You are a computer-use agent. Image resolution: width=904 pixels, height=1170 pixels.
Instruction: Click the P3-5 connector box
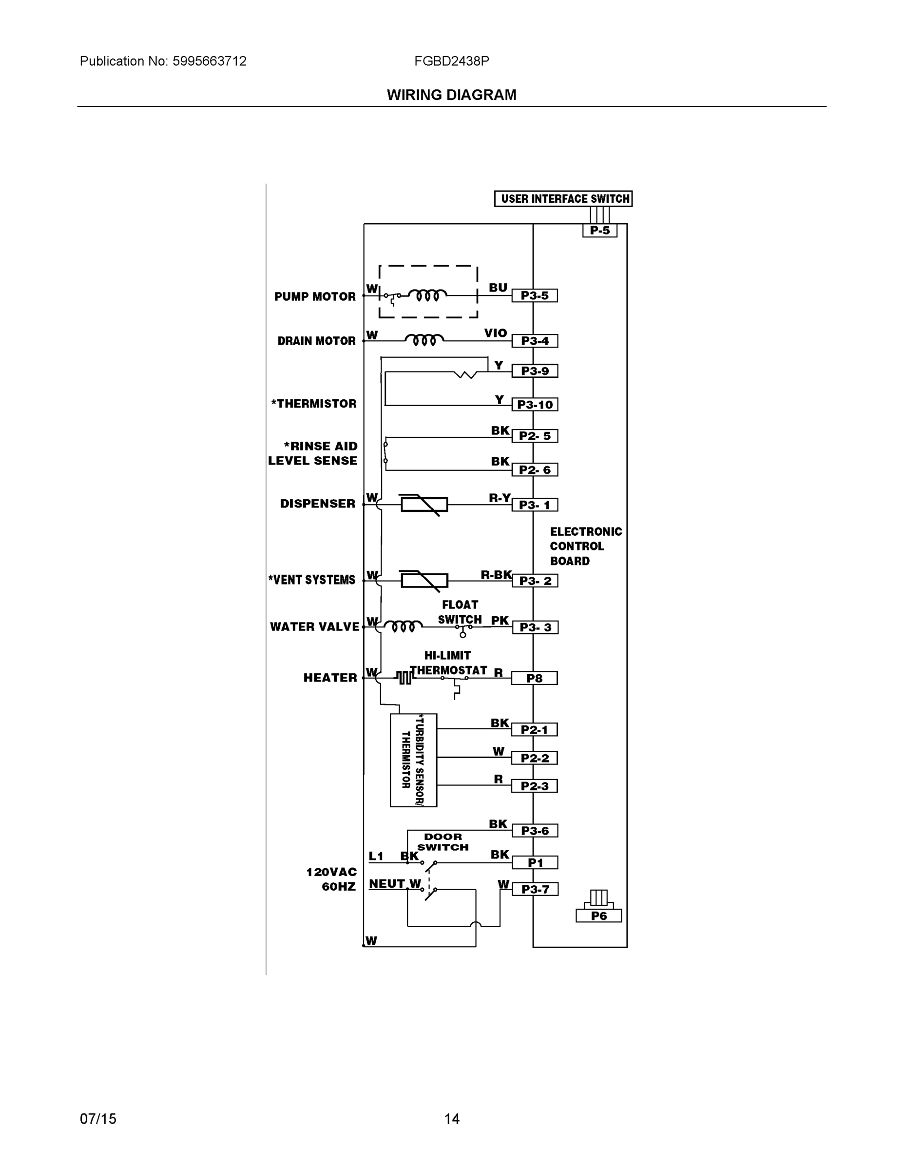pos(534,296)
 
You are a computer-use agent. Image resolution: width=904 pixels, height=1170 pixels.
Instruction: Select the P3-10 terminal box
pos(535,405)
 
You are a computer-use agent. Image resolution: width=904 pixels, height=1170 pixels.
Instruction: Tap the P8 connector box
pos(534,678)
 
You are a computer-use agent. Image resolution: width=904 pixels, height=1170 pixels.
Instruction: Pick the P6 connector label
pos(599,916)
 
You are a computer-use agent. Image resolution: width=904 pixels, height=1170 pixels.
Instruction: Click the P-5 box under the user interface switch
pos(600,231)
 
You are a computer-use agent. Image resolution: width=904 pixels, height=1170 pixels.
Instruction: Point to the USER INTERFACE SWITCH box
pos(563,199)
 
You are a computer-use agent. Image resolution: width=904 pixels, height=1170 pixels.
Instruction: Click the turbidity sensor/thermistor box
pos(413,760)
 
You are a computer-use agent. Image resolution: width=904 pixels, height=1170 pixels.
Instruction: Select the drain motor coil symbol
pos(424,340)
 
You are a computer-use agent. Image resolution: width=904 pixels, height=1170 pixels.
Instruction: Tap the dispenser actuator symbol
pos(424,505)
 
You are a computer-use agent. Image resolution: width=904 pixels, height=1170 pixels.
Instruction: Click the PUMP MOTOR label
pos(315,297)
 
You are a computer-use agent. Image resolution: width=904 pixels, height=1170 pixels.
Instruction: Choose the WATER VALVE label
pos(314,627)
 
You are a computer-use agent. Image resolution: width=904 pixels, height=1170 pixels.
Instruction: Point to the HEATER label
pos(330,678)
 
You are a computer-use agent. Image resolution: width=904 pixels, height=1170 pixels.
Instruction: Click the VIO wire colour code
pos(496,333)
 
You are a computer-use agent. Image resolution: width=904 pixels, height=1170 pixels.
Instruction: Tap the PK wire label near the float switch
pos(500,621)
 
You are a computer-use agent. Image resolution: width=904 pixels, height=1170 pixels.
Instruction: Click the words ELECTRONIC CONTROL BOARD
pos(585,546)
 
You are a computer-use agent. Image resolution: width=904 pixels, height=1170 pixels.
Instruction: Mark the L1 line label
pos(376,856)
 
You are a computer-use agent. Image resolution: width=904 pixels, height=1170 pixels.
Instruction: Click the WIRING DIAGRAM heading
pos(451,95)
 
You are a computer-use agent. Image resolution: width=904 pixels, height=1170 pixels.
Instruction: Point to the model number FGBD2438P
pos(451,61)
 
